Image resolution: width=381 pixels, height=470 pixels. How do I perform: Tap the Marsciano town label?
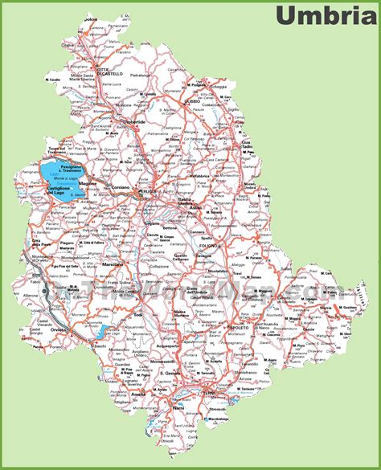coord(112,264)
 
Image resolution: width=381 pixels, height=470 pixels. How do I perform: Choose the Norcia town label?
coord(309,312)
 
